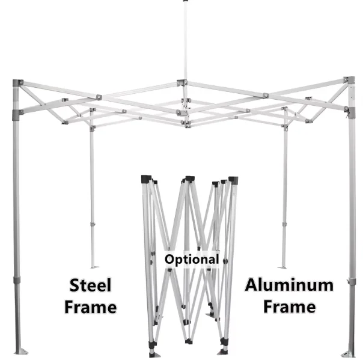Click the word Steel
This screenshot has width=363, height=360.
coord(91,285)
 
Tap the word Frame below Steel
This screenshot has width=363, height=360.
coord(91,307)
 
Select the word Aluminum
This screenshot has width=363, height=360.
coord(288,285)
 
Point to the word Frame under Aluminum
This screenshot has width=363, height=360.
coord(288,307)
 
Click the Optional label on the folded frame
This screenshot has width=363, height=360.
coord(192,259)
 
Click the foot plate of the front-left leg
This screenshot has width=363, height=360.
coord(17,352)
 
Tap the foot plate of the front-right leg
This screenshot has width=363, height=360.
coord(348,352)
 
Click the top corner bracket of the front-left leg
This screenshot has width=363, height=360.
coord(18,83)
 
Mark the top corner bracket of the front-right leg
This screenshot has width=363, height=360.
coord(349,81)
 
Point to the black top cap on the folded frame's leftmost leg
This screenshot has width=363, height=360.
coord(145,179)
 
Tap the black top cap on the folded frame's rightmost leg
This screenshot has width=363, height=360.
coord(233,180)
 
